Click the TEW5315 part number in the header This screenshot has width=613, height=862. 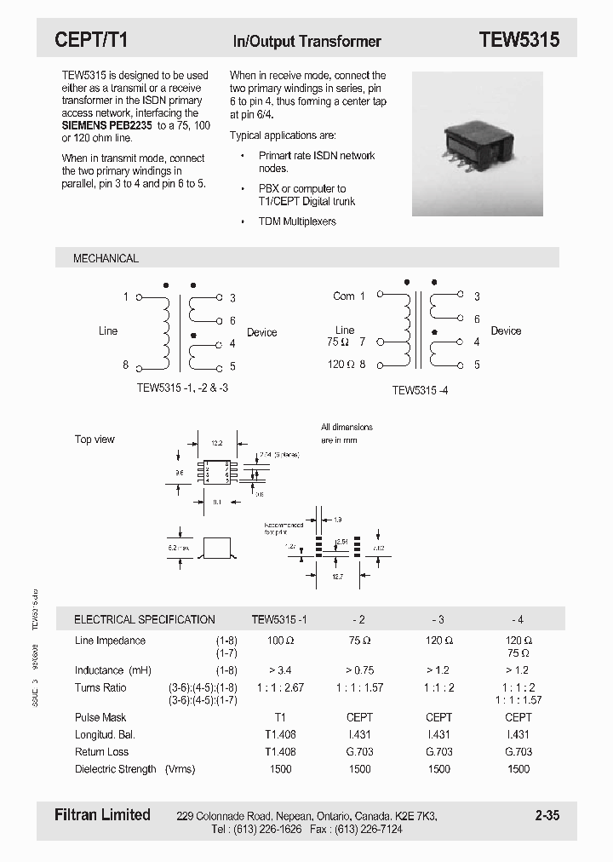518,40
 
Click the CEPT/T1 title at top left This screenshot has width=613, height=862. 90,40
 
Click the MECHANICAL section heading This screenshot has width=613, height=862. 106,258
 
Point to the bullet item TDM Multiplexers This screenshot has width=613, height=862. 297,221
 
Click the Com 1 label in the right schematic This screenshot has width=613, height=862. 348,296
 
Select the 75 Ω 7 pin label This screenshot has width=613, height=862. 346,342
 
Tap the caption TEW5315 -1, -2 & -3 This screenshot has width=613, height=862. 183,388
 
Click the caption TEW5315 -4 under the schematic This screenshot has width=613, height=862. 420,390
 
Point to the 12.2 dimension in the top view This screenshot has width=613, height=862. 216,444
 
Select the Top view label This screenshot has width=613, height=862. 95,440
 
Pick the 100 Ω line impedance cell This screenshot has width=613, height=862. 280,641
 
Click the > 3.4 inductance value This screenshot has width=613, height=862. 280,670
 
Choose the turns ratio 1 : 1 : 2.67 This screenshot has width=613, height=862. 280,687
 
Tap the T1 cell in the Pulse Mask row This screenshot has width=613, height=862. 280,717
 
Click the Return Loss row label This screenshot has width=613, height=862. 102,752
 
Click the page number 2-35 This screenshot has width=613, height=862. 547,816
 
